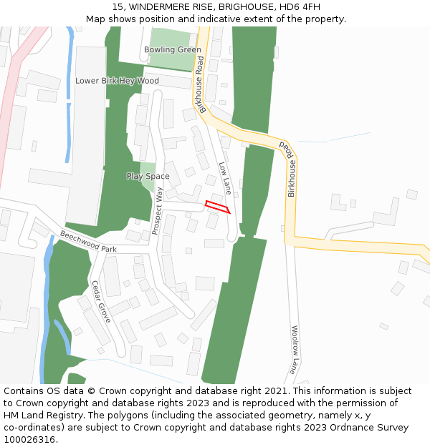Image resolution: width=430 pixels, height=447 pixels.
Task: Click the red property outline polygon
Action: [218, 207]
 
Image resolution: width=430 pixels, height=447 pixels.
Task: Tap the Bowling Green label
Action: [172, 50]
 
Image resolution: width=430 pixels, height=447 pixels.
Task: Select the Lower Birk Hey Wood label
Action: [117, 81]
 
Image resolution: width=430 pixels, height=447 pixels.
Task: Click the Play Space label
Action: [148, 176]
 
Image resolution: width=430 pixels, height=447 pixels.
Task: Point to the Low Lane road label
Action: [225, 178]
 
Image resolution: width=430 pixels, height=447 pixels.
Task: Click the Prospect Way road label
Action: [158, 211]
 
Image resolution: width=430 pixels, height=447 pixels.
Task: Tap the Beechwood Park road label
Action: [88, 241]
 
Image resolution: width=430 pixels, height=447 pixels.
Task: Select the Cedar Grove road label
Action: [101, 301]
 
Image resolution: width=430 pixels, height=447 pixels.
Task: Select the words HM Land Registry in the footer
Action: [41, 416]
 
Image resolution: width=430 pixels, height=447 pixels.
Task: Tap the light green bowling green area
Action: [172, 39]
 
